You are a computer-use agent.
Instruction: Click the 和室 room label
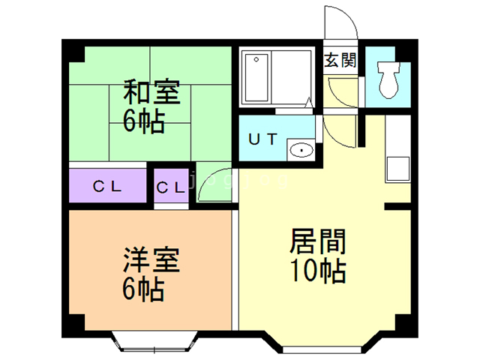pyautogui.click(x=151, y=91)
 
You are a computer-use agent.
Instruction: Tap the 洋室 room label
pyautogui.click(x=151, y=260)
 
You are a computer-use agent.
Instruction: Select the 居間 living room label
pyautogui.click(x=318, y=241)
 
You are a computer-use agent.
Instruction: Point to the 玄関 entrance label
pyautogui.click(x=340, y=60)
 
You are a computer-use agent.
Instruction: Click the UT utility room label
pyautogui.click(x=263, y=139)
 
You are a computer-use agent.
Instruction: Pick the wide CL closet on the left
pyautogui.click(x=107, y=185)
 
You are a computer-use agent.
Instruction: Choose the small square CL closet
pyautogui.click(x=171, y=186)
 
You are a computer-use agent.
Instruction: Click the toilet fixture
pyautogui.click(x=388, y=80)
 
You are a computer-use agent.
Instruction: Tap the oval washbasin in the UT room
pyautogui.click(x=301, y=150)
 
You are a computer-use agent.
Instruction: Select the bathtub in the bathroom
pyautogui.click(x=256, y=78)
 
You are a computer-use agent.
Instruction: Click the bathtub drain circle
pyautogui.click(x=256, y=59)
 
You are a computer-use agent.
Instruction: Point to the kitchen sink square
pyautogui.click(x=398, y=169)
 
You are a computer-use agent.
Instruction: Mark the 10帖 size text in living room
pyautogui.click(x=318, y=271)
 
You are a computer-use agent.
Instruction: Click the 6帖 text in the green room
pyautogui.click(x=144, y=121)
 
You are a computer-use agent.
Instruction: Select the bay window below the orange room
pyautogui.click(x=154, y=341)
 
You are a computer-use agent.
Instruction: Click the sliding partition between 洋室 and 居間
pyautogui.click(x=235, y=270)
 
